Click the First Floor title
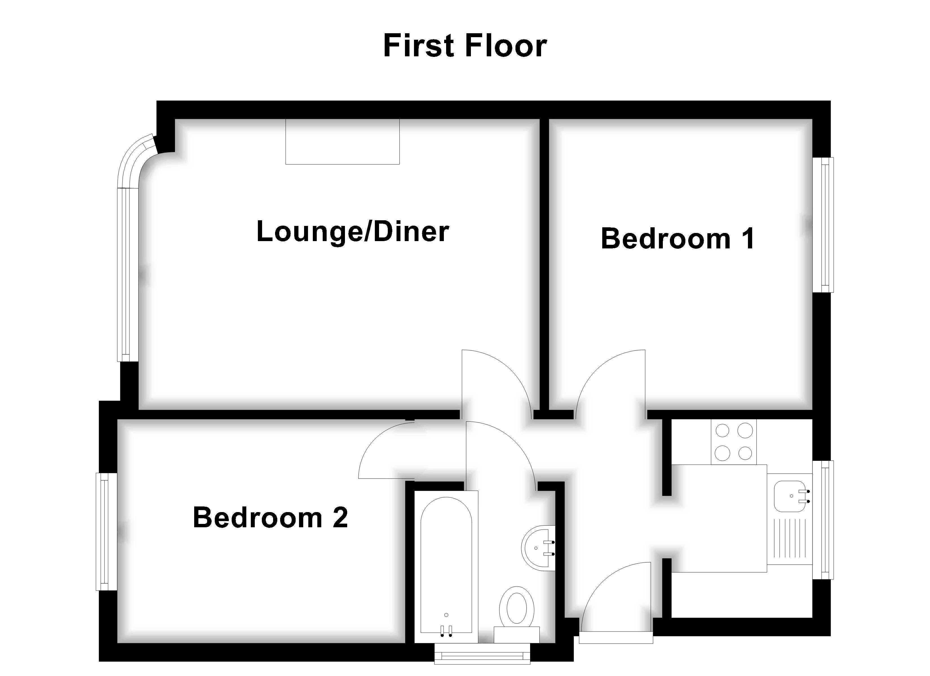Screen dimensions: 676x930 (465, 46)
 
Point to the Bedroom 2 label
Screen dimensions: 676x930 (270, 517)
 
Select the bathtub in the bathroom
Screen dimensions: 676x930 (446, 566)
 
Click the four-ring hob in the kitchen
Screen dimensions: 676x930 (734, 442)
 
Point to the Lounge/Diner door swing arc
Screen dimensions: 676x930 (498, 379)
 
